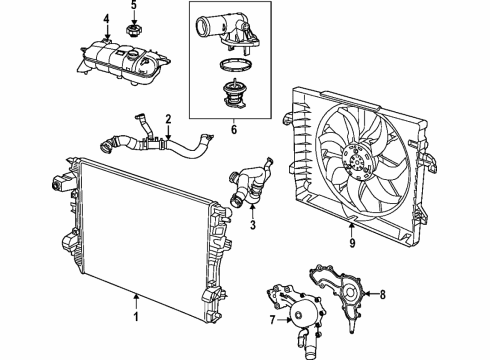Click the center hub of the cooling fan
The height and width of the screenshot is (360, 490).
[356, 157]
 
